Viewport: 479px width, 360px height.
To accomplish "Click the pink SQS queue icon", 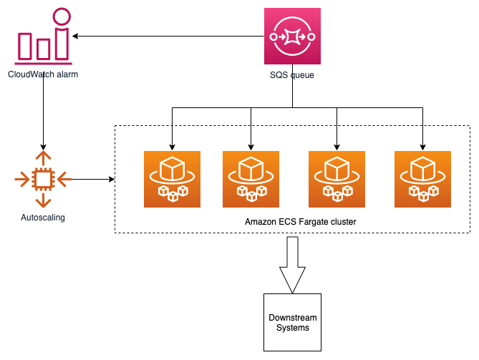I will [x=291, y=36].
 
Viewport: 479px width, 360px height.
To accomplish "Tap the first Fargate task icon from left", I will [x=172, y=179].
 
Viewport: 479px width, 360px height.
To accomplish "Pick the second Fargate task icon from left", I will [x=251, y=179].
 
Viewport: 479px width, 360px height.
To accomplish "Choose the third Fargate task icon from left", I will [x=337, y=179].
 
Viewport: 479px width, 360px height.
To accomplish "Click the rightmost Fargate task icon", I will [x=422, y=179].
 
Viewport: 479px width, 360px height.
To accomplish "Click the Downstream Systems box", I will [x=292, y=322].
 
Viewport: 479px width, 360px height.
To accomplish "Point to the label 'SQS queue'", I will [x=291, y=74].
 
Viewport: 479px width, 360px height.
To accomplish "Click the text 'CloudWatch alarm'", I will [x=43, y=74].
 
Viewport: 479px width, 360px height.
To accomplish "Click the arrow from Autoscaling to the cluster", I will [x=93, y=179].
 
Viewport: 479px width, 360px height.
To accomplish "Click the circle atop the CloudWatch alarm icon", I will [x=62, y=16].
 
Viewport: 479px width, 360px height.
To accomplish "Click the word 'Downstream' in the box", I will [x=292, y=317].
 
